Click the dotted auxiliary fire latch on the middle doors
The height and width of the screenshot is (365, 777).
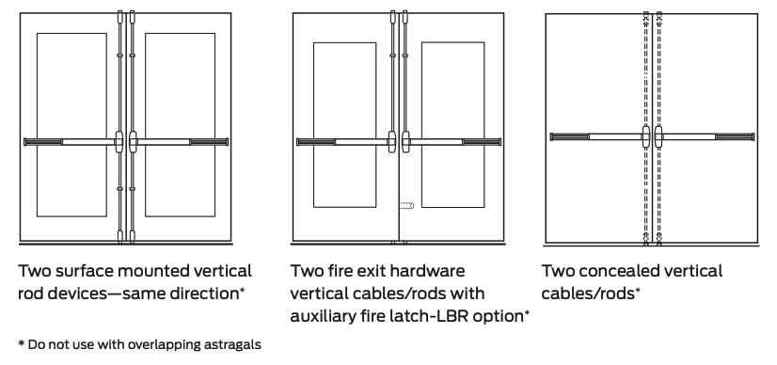coord(406,205)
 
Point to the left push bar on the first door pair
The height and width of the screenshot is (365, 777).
coord(71,142)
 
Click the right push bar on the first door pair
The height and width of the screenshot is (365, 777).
coord(182,142)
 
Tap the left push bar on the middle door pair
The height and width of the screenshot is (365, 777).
coord(343,142)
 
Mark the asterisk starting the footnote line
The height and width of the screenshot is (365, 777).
coord(22,343)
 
